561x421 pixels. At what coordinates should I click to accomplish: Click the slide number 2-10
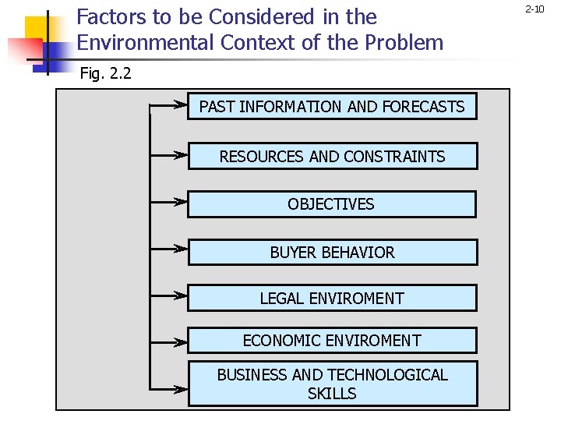(535, 9)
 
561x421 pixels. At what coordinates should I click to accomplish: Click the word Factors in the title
(107, 16)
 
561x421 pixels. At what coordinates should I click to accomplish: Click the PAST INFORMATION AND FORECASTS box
(332, 107)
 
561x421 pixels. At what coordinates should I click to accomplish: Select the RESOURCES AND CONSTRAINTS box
(332, 156)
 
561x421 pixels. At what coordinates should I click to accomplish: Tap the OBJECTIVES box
(332, 204)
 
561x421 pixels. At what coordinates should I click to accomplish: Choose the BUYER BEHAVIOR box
(332, 253)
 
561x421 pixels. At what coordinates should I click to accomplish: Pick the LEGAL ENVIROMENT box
(332, 298)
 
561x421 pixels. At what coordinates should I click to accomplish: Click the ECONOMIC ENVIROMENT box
(332, 341)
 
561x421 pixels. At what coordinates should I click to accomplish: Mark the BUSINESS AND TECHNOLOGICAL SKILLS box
(332, 384)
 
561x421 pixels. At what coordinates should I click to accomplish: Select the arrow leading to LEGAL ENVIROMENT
(169, 295)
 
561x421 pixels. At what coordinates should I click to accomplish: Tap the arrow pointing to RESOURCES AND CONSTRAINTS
(169, 155)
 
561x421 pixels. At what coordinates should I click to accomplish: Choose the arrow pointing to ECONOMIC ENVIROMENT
(169, 340)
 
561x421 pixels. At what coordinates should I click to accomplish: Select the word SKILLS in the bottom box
(332, 394)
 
